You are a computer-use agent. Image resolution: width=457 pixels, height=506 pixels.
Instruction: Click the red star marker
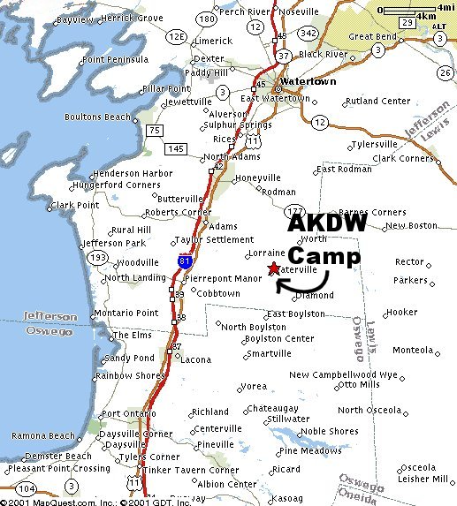click(273, 268)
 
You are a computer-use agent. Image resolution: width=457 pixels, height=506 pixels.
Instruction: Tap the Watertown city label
click(305, 82)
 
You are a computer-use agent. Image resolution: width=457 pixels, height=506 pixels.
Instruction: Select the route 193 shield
click(98, 257)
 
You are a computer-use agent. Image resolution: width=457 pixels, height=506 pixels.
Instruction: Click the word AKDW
click(326, 226)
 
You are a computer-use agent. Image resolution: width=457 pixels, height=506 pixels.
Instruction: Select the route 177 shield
click(294, 210)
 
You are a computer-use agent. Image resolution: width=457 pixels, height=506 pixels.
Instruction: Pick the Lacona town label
click(195, 359)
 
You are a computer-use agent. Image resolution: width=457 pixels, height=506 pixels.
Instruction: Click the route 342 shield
click(309, 32)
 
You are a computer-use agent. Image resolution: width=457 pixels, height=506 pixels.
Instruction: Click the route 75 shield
click(156, 131)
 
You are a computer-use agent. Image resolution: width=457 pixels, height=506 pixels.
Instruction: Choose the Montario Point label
click(126, 313)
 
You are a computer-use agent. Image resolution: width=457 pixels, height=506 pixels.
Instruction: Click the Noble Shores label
click(329, 432)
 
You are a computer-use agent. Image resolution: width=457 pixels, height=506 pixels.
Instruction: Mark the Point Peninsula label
click(115, 59)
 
